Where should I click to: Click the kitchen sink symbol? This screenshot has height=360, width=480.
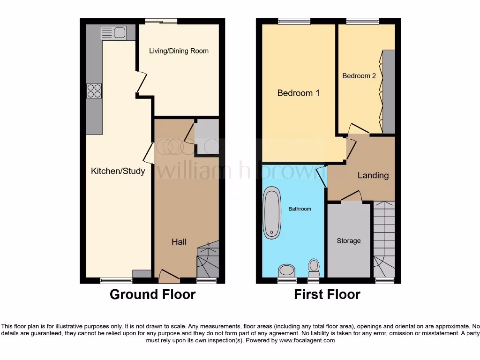pos(113,33)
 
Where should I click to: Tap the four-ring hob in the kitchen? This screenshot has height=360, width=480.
pos(94,90)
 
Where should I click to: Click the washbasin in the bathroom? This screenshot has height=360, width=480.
pos(286,271)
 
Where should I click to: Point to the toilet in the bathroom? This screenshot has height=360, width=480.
pos(314,268)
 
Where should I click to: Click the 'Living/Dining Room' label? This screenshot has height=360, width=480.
pos(179,51)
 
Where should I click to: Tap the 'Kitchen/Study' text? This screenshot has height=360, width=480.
pos(118,171)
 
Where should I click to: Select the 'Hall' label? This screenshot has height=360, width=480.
pos(179,241)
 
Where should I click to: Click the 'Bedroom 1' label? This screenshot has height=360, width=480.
pos(298,93)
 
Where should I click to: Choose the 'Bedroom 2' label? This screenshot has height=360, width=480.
pos(359,75)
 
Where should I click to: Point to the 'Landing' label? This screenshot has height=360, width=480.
pos(373,175)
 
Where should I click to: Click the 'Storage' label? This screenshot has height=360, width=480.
pos(349,240)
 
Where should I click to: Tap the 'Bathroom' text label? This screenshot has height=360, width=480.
pos(300,209)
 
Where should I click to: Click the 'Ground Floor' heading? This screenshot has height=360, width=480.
pos(152,294)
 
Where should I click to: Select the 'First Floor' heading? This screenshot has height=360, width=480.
pos(327,294)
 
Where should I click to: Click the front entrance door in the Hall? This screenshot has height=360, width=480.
pos(169,277)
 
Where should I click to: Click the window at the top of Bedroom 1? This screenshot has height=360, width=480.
pos(294,21)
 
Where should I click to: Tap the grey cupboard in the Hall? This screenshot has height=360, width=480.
pos(207,136)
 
